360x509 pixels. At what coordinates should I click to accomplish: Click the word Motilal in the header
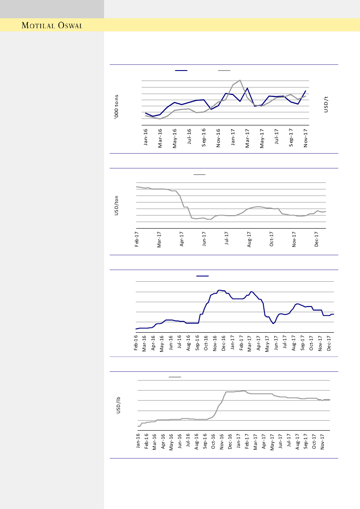point(38,26)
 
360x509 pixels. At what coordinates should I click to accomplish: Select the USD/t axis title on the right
point(326,104)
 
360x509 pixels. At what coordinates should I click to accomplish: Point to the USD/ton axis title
point(116,206)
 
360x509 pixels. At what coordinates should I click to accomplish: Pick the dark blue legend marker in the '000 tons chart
point(181,71)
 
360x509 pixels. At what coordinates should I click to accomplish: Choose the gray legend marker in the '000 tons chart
point(224,71)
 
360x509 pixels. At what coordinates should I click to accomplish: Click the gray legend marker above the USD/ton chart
point(199,174)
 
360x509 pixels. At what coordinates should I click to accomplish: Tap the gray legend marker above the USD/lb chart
point(175,377)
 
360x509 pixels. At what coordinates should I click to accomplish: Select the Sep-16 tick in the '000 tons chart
point(204,138)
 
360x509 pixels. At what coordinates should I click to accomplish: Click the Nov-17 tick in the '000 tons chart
point(306,138)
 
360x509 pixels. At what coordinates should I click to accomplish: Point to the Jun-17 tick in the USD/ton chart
point(204,239)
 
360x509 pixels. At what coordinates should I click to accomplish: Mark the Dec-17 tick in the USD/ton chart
point(317,239)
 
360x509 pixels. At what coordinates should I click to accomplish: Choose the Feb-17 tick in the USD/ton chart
point(137,239)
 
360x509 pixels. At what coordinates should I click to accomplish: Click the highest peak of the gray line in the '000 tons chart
point(240,80)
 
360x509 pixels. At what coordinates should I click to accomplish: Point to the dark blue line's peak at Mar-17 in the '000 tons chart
point(247,88)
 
